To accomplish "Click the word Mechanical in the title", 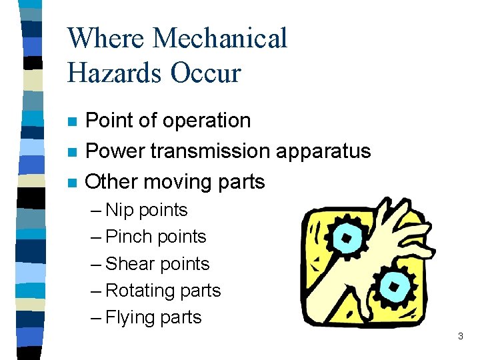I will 220,38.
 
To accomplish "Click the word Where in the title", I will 105,38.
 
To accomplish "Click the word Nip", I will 119,210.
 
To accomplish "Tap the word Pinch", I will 129,237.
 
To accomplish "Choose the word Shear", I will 130,264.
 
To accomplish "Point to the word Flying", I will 130,318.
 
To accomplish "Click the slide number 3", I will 460,337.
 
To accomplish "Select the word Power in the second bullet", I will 114,151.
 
